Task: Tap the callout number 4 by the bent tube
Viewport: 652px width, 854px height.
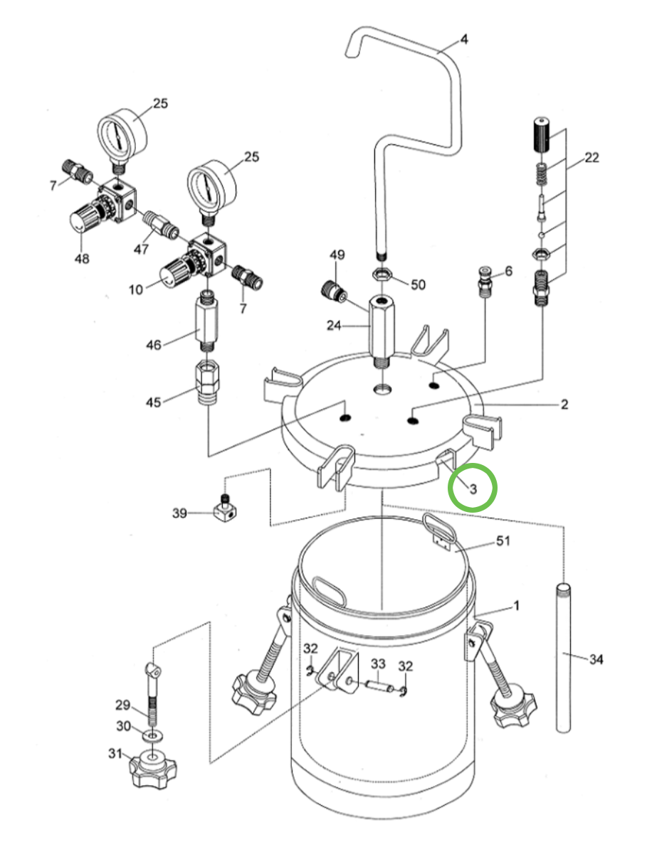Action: point(463,39)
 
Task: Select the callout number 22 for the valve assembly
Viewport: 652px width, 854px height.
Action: point(591,158)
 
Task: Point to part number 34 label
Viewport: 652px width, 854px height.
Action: point(596,660)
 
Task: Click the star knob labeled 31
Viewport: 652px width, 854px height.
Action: point(152,767)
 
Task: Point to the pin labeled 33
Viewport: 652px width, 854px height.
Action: point(378,685)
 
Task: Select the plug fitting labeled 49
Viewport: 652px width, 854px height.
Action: point(332,290)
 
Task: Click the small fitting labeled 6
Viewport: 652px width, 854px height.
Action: point(486,280)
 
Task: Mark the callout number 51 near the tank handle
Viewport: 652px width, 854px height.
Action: point(503,543)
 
